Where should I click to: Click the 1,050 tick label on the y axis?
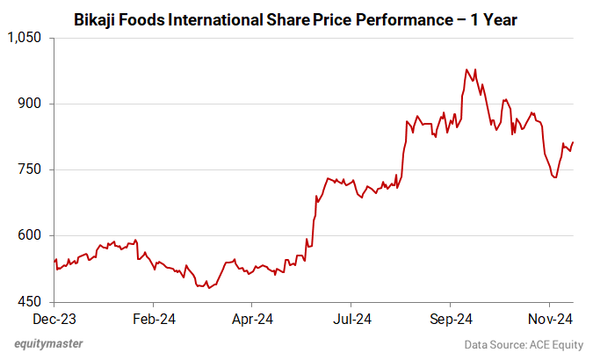click(x=25, y=38)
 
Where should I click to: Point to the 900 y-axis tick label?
click(x=33, y=104)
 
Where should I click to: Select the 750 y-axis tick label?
click(x=33, y=169)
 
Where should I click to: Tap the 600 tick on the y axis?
click(x=33, y=235)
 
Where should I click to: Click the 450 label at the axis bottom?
click(x=33, y=301)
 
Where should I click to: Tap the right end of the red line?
click(x=574, y=142)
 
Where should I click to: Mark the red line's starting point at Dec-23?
click(x=54, y=261)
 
